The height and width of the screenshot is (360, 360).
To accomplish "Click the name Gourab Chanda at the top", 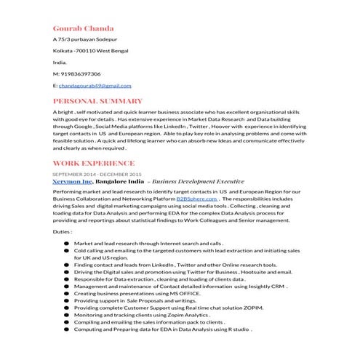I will coord(83,28).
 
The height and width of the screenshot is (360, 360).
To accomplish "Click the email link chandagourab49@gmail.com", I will coord(95,85).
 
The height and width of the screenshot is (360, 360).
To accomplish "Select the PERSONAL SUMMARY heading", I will coord(97,100).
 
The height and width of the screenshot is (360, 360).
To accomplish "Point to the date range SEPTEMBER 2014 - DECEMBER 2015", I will coord(97,174).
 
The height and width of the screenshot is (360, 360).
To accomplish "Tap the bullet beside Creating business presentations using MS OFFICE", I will coord(66,292).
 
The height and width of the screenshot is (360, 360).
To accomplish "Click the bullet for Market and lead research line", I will coord(66,244).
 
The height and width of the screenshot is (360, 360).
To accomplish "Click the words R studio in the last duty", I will coord(236,329).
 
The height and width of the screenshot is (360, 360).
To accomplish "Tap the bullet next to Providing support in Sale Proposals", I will coord(66,300).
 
